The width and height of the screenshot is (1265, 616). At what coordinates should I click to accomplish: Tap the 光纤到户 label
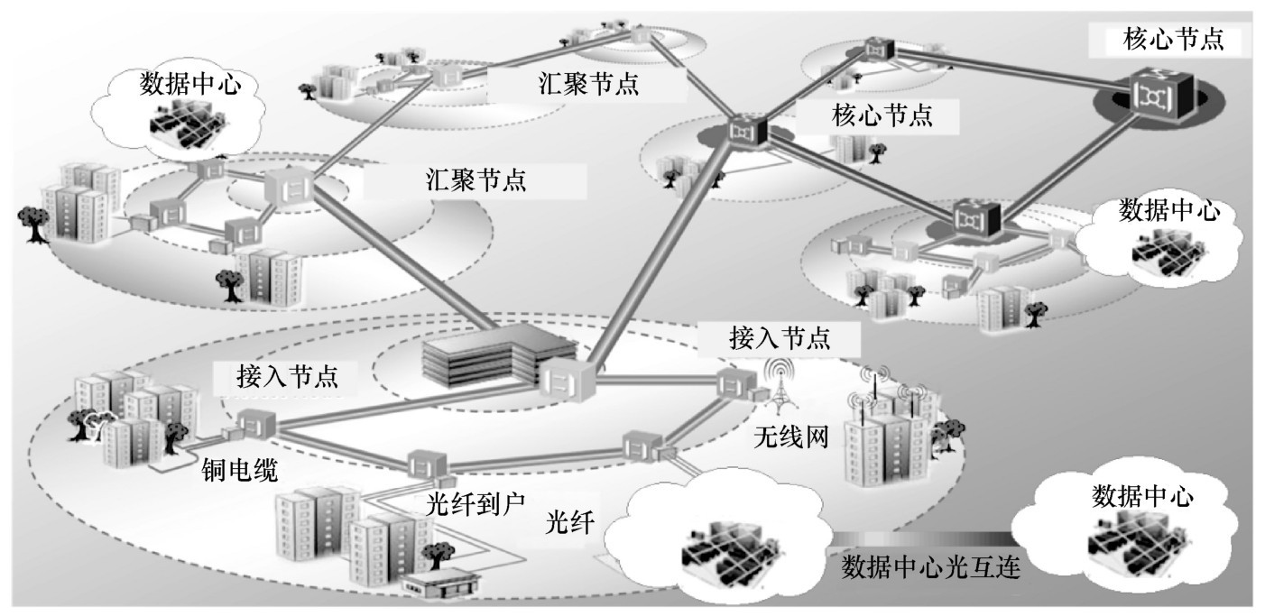(468, 501)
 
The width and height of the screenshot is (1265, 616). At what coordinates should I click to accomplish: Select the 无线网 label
(790, 438)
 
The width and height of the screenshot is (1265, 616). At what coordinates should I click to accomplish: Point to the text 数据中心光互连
(930, 568)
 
